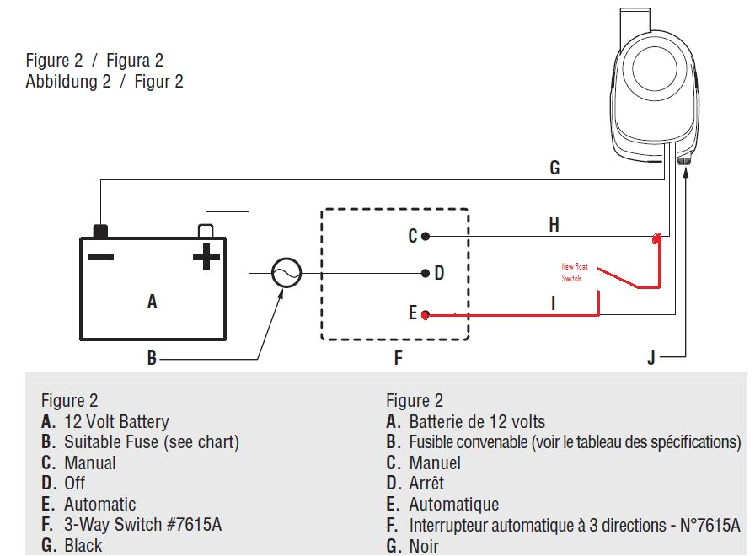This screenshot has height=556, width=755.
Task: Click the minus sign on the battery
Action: tap(100, 255)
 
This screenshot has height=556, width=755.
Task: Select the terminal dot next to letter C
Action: tap(426, 237)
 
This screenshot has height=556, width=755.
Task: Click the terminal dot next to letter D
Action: tap(426, 274)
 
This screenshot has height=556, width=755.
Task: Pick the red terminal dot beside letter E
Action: tap(426, 315)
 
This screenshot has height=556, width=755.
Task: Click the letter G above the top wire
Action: tap(554, 168)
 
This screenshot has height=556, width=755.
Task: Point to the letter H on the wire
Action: tap(554, 225)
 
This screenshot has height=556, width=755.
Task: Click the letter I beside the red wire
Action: tap(554, 302)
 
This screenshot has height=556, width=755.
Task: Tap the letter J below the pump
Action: tap(651, 358)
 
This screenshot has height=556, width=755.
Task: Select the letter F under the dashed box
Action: tap(398, 358)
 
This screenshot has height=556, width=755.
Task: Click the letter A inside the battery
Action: tap(152, 302)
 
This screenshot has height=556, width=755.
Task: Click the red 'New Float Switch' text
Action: tap(576, 272)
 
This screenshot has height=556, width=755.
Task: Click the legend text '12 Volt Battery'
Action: tap(116, 422)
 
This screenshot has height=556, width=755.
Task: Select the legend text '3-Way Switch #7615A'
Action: tap(142, 525)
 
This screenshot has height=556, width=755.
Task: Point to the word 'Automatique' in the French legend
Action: tap(453, 505)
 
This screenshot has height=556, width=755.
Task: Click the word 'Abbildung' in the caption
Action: tap(62, 82)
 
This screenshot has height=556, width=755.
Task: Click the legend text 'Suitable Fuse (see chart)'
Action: tap(152, 442)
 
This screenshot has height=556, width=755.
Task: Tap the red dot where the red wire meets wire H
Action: tap(656, 239)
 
